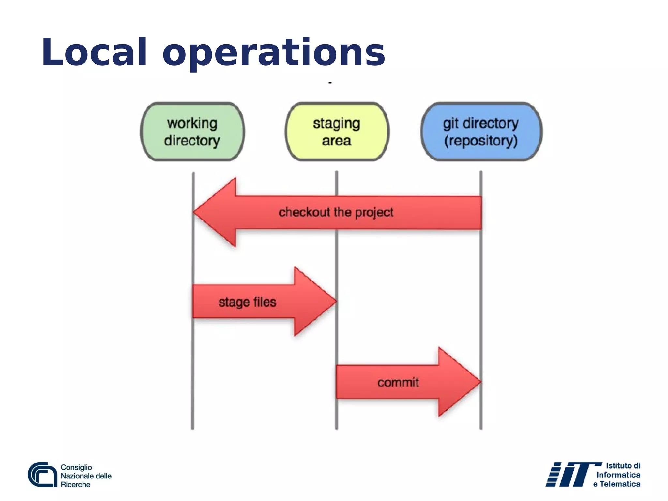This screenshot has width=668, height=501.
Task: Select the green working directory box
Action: coord(192,132)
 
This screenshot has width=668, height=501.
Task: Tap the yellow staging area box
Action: coord(337,132)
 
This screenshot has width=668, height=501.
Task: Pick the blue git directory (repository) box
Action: coord(481,132)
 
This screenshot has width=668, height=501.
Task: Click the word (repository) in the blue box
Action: coord(481,141)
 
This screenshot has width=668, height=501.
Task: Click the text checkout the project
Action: coord(336,212)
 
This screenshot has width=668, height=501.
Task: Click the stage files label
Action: coord(247,302)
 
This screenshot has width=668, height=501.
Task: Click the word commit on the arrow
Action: coord(398,382)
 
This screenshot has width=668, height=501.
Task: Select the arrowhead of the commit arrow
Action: coord(458,382)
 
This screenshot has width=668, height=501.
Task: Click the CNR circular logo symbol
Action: coord(42,475)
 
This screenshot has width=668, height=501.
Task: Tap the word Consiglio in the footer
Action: coord(76,467)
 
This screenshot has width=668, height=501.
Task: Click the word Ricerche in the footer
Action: coord(75,485)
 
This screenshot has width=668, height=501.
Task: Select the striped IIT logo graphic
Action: coord(569,475)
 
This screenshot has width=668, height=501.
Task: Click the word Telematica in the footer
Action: coord(620,484)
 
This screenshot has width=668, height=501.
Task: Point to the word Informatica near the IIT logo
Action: coord(618,475)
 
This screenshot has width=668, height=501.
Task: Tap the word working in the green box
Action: coord(192,123)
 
